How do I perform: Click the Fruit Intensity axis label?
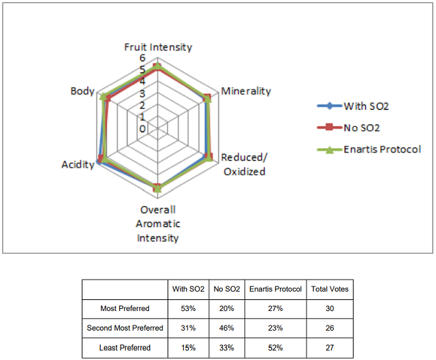tap(158, 47)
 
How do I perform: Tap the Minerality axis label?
tap(246, 91)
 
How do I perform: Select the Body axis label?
tap(82, 91)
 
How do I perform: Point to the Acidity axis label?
tap(78, 165)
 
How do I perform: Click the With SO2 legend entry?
tap(353, 106)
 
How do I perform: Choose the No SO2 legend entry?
tap(348, 127)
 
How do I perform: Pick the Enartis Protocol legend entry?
tap(369, 149)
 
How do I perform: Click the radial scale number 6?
tap(142, 58)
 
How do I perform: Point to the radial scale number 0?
tap(142, 129)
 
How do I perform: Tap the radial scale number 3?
tap(142, 93)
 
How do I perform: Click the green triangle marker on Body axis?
tap(103, 97)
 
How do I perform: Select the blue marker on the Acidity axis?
tap(98, 162)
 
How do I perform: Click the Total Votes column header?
tap(330, 289)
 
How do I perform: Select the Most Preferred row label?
tap(125, 309)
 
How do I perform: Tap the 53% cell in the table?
tap(188, 309)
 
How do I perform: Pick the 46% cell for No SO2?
tap(227, 328)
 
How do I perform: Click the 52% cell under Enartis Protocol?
tap(275, 348)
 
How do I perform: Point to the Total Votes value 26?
tap(330, 328)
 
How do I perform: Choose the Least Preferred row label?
tap(125, 348)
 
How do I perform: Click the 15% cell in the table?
tap(188, 348)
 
